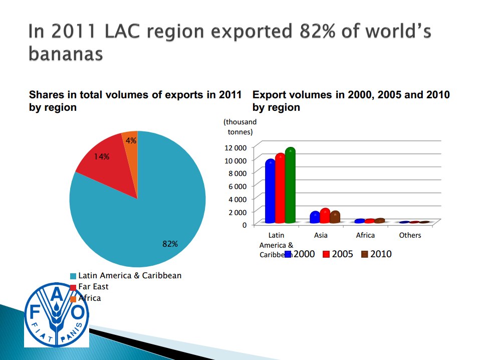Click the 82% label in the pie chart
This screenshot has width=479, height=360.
click(170, 244)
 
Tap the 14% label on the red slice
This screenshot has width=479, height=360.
click(101, 156)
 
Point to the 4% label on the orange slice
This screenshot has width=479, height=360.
click(131, 140)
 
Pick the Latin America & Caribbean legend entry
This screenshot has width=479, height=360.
click(130, 275)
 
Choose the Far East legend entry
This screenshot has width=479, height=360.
click(93, 287)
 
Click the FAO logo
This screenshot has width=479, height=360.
click(57, 314)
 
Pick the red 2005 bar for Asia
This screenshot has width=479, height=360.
click(325, 216)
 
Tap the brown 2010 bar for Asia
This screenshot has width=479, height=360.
click(335, 217)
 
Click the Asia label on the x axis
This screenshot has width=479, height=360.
click(321, 235)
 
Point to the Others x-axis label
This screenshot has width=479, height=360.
click(410, 235)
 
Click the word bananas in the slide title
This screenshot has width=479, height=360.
click(66, 53)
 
